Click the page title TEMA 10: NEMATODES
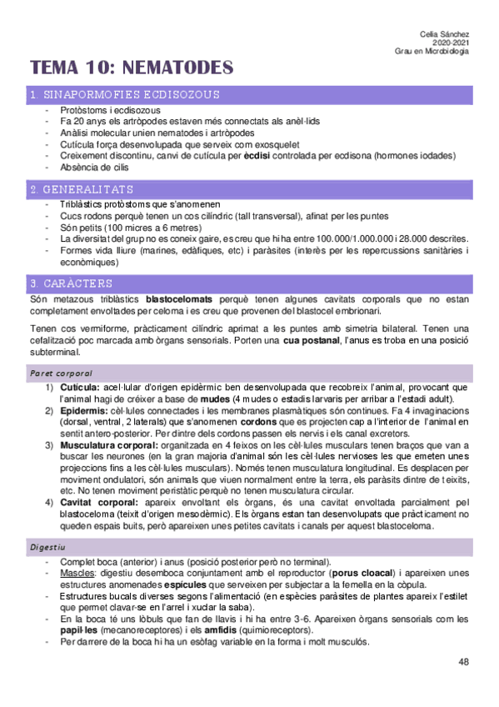tap(132, 68)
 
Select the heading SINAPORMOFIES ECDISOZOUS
tap(124, 95)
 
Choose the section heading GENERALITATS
tap(82, 189)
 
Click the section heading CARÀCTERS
tap(72, 283)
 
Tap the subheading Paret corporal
tap(60, 372)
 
